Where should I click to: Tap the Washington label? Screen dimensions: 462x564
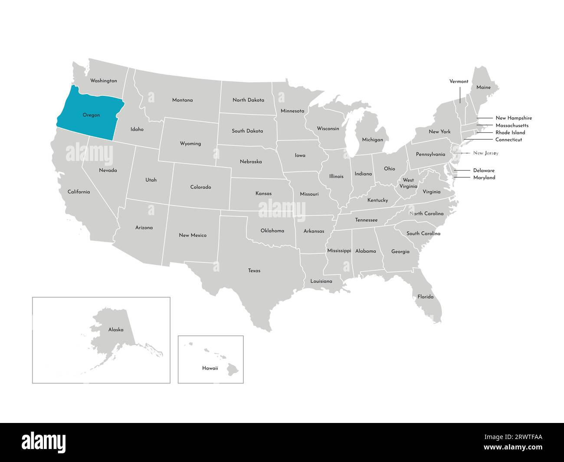(103, 81)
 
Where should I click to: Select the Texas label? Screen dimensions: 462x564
(254, 271)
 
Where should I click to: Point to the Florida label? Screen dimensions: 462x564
(425, 297)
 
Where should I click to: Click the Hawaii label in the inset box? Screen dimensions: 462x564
(210, 368)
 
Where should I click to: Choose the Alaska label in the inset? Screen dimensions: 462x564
(116, 330)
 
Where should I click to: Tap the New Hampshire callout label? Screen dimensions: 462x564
(513, 118)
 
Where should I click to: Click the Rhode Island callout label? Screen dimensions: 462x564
(510, 132)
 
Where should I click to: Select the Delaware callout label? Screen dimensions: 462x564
(484, 170)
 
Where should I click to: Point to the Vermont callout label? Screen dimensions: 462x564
(459, 82)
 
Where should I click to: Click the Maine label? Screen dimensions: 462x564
(483, 88)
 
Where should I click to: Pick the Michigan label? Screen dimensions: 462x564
(373, 140)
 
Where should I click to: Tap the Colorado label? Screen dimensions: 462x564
(200, 187)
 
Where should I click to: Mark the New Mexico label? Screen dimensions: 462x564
(193, 235)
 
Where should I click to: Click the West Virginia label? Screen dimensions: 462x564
(408, 183)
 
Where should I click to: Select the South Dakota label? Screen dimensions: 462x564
(247, 131)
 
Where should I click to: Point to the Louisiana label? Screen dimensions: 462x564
(321, 281)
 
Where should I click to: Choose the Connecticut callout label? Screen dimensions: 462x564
(508, 140)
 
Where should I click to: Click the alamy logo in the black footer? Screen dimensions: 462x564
(44, 442)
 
